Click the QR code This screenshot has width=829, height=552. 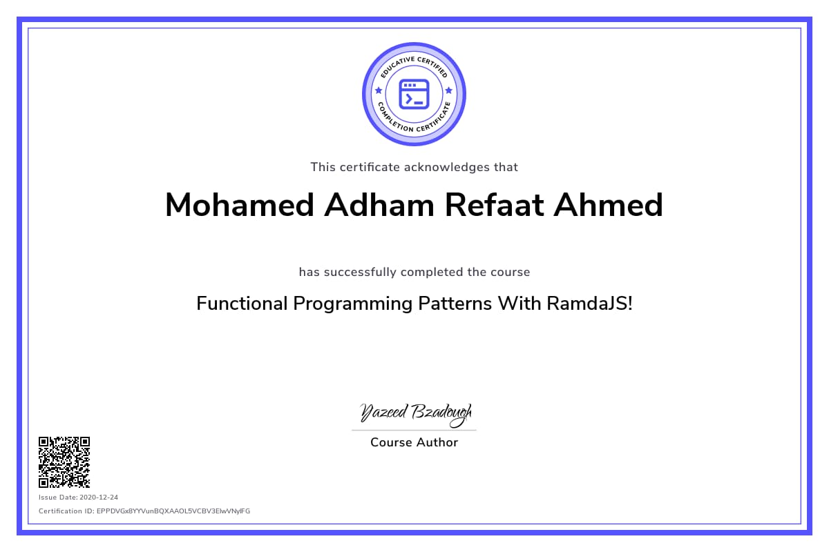pyautogui.click(x=64, y=462)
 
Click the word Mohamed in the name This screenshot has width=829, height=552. pyautogui.click(x=240, y=205)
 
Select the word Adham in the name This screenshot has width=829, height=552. pyautogui.click(x=379, y=205)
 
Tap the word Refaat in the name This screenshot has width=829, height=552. pyautogui.click(x=494, y=205)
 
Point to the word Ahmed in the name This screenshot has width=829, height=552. pyautogui.click(x=608, y=205)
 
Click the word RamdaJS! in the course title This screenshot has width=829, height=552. pyautogui.click(x=589, y=304)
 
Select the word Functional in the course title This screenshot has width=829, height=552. pyautogui.click(x=242, y=304)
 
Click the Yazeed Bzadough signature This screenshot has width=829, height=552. pyautogui.click(x=416, y=414)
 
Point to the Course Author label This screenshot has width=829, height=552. pyautogui.click(x=414, y=442)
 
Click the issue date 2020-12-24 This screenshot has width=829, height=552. pyautogui.click(x=99, y=497)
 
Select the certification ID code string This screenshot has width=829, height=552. pyautogui.click(x=173, y=511)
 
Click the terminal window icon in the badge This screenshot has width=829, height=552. pyautogui.click(x=414, y=95)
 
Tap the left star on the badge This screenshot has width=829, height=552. pyautogui.click(x=379, y=90)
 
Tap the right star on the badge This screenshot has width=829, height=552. pyautogui.click(x=449, y=90)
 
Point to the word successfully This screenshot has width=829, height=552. pyautogui.click(x=360, y=272)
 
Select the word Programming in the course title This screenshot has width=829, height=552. pyautogui.click(x=353, y=304)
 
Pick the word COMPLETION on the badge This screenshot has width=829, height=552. pyautogui.click(x=394, y=119)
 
